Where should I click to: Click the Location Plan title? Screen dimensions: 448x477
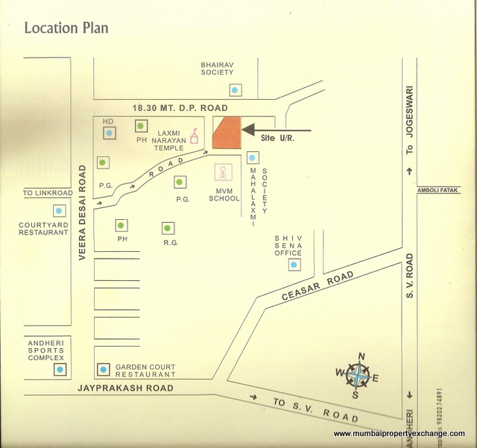66,28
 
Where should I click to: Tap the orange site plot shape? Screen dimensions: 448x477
227,133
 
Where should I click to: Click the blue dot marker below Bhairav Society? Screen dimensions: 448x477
236,90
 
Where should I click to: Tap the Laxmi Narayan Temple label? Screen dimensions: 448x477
162,137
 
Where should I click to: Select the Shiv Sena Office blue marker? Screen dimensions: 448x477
294,264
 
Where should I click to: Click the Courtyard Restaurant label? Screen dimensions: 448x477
44,227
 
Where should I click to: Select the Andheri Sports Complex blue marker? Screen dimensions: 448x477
60,370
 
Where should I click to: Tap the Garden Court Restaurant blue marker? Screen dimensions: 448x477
103,368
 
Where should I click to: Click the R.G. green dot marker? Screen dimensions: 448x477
168,228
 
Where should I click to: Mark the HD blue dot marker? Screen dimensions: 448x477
109,133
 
